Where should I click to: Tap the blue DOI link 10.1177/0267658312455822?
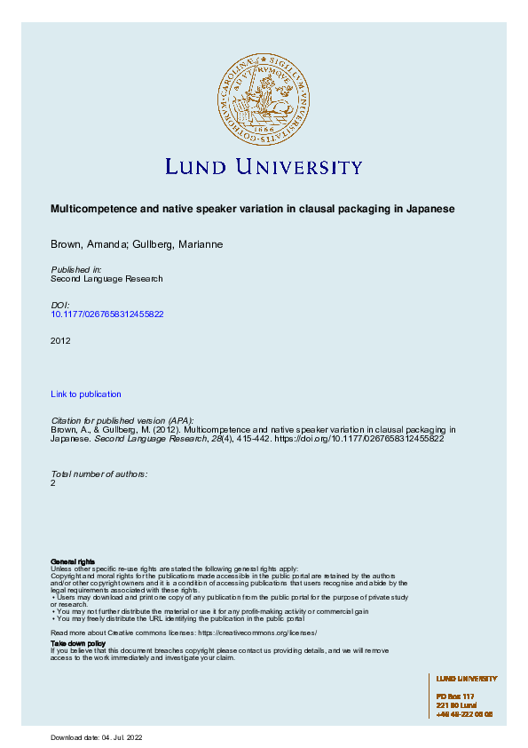pyautogui.click(x=107, y=314)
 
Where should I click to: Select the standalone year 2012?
pyautogui.click(x=61, y=340)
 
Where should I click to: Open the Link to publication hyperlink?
pyautogui.click(x=86, y=394)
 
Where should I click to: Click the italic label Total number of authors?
pyautogui.click(x=99, y=473)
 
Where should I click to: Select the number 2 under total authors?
pyautogui.click(x=53, y=483)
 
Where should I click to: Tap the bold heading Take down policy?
pyautogui.click(x=78, y=642)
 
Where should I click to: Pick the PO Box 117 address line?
pyautogui.click(x=455, y=696)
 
